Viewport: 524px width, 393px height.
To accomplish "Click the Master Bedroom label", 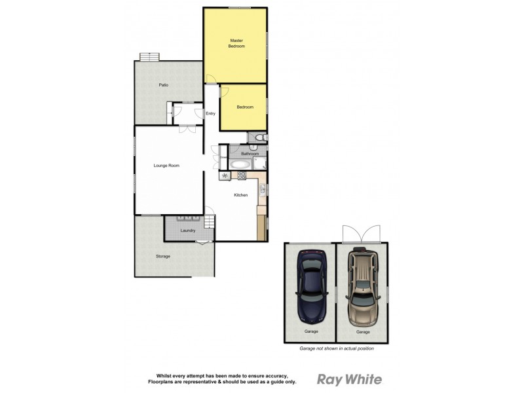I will [x=236, y=43].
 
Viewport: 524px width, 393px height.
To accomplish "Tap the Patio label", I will [x=164, y=85].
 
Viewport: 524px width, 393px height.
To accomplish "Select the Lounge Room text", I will [x=166, y=166].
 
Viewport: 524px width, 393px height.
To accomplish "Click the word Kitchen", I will [x=241, y=195].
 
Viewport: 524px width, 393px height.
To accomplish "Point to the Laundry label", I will [x=189, y=231].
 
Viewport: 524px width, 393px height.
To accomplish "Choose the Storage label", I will [x=163, y=256].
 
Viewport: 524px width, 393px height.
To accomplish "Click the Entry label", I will [x=210, y=114].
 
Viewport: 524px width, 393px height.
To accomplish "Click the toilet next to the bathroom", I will [x=259, y=137].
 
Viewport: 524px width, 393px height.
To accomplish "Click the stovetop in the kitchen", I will [x=240, y=176].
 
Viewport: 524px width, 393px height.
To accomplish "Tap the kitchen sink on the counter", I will [x=261, y=190].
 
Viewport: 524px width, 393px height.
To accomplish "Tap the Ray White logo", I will [x=349, y=379].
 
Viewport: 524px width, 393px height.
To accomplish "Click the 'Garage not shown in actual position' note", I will [x=336, y=348].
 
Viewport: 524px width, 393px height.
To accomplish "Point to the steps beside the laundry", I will [x=209, y=223].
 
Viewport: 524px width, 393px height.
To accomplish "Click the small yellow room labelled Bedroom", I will [x=244, y=107].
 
